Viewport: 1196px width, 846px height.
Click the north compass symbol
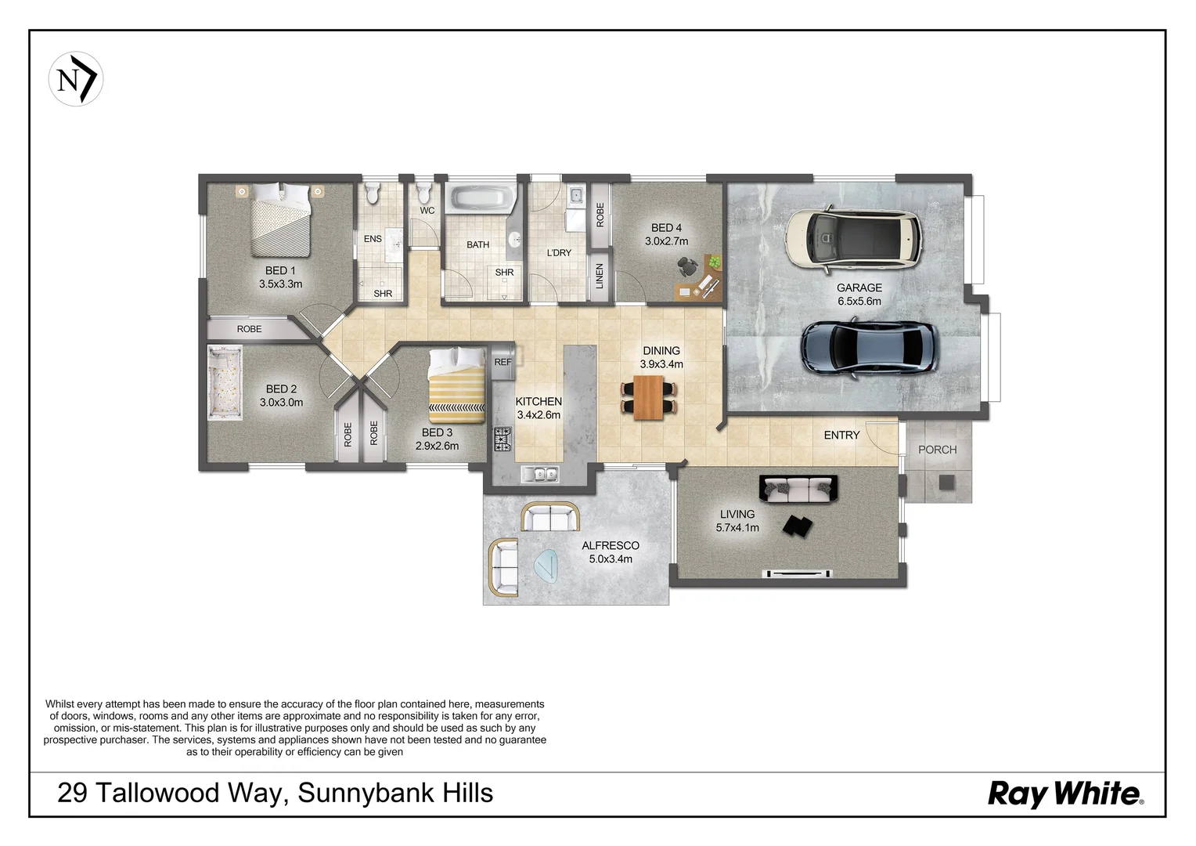(x=76, y=79)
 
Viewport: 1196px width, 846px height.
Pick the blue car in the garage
(x=870, y=348)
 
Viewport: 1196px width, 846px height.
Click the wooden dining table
(x=648, y=398)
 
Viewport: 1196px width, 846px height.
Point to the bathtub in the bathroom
(x=480, y=197)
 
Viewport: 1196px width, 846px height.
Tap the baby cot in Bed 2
(x=224, y=381)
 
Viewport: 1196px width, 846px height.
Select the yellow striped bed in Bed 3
(x=457, y=385)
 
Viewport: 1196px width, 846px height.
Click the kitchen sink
(x=540, y=473)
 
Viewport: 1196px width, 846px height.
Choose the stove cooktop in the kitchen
(x=502, y=439)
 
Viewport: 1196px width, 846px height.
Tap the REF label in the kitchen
(x=503, y=362)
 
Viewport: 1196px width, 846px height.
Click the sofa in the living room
(x=798, y=489)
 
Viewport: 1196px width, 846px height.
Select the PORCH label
(x=937, y=450)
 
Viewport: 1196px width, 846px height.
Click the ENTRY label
(x=841, y=436)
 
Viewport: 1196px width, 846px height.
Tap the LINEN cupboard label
(x=600, y=276)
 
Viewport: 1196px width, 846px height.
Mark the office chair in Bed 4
(x=688, y=265)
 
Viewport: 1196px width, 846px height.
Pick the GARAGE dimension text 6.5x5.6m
(x=859, y=302)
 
